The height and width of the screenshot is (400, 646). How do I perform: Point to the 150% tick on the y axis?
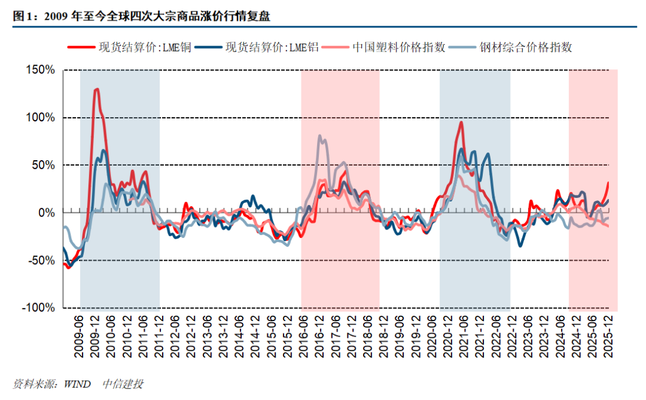point(41,70)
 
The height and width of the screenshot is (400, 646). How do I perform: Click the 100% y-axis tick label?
point(41,117)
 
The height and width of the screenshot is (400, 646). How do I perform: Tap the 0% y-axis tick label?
point(47,213)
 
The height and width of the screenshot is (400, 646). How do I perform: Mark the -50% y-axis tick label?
point(42,261)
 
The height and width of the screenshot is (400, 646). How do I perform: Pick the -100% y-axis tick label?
point(39,308)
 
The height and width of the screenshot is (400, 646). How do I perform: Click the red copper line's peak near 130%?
point(96,89)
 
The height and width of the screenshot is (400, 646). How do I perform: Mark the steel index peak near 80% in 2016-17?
point(320,136)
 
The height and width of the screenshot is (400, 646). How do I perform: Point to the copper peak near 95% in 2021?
point(461,122)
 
